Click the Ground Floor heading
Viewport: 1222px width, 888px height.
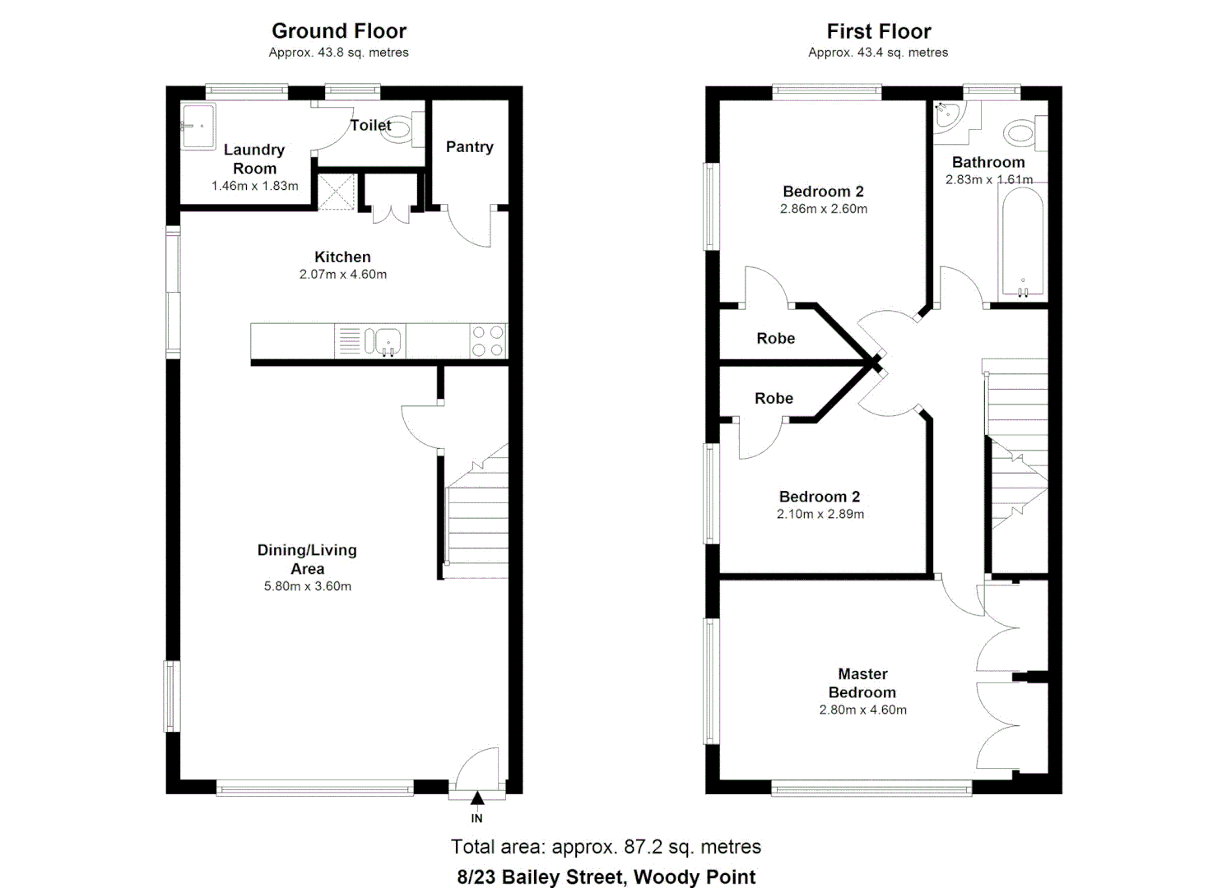point(339,31)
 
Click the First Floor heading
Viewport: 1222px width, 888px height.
point(878,31)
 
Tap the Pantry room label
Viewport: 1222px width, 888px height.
point(469,147)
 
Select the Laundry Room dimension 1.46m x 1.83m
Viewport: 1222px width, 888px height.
point(254,186)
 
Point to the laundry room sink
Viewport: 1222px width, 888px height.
point(197,126)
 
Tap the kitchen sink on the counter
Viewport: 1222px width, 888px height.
point(383,340)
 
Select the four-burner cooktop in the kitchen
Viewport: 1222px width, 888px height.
point(487,341)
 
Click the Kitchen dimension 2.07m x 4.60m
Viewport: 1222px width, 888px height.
point(342,275)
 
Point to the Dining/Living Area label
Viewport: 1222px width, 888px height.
point(307,559)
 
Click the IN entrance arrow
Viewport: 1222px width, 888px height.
point(477,798)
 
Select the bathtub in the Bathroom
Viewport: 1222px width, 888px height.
point(1022,243)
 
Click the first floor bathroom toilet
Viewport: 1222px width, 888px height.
point(1023,132)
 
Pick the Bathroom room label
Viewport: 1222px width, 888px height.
point(987,162)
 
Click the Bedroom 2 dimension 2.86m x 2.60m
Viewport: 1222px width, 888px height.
point(823,209)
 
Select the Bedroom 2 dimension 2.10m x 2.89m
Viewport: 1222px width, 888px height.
point(820,514)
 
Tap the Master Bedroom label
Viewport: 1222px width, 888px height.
point(862,683)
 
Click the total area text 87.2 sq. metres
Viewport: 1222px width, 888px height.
point(606,847)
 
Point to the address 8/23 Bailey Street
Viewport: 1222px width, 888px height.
point(606,876)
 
